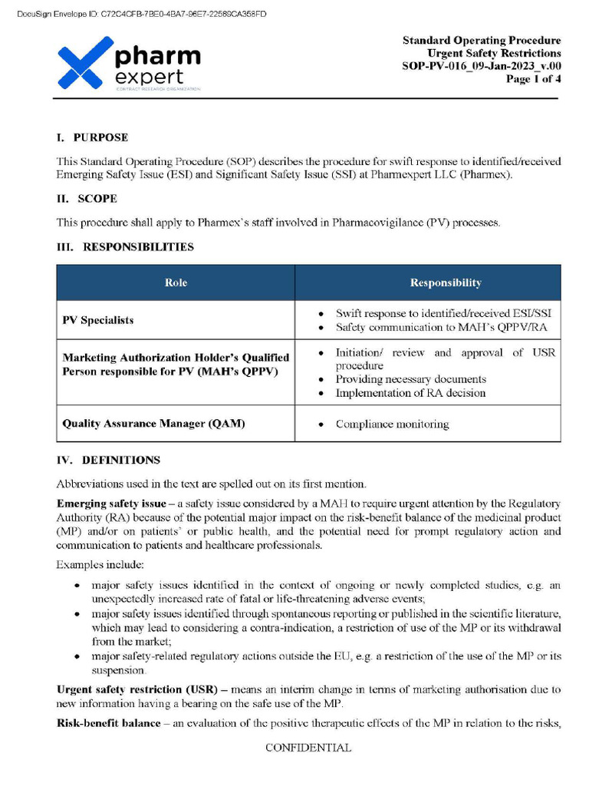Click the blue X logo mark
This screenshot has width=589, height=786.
[80, 64]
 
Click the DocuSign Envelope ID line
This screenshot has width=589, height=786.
[141, 14]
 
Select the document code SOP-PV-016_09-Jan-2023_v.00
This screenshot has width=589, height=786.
[482, 66]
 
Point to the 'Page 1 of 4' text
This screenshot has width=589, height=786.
[533, 78]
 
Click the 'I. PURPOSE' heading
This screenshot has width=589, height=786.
[92, 137]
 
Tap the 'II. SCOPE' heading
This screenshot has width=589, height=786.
[87, 199]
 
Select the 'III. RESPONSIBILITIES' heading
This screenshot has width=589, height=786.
[125, 247]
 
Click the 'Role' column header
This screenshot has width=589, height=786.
[176, 282]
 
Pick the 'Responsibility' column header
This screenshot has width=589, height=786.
[446, 282]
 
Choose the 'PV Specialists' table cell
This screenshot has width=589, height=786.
[97, 320]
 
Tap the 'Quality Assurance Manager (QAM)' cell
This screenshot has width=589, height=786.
[153, 424]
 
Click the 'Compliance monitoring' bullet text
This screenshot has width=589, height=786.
[392, 424]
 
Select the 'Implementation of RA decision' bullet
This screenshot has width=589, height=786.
[410, 393]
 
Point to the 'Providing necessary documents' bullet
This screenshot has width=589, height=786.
[410, 379]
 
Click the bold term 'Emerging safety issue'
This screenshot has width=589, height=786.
[110, 504]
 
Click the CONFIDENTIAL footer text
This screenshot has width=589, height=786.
[308, 748]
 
